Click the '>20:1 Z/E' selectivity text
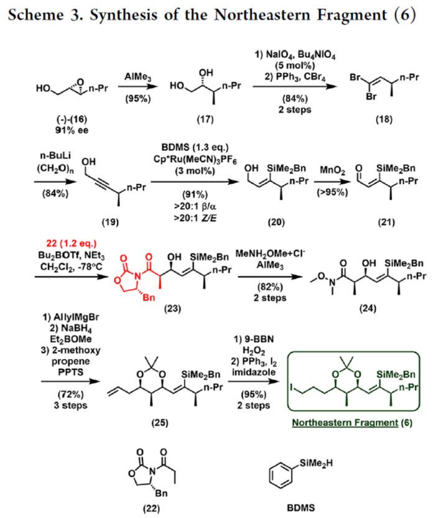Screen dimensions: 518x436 click(x=192, y=213)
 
